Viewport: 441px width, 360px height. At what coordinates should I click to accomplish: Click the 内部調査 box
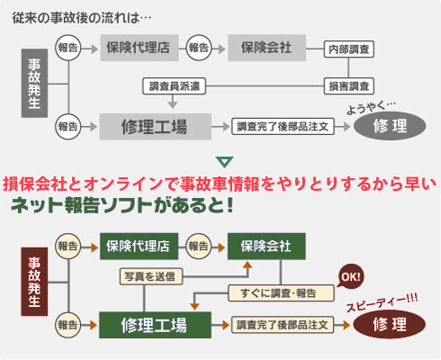[x=348, y=49]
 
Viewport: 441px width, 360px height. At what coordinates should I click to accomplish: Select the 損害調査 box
[x=348, y=86]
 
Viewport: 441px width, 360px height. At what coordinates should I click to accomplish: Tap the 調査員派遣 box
[x=175, y=86]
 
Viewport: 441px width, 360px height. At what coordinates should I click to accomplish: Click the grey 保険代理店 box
[x=139, y=48]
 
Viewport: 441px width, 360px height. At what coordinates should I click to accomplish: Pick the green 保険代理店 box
[x=139, y=247]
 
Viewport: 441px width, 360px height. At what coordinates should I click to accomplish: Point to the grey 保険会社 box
[x=266, y=48]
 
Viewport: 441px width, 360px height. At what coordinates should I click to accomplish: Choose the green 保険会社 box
[x=266, y=247]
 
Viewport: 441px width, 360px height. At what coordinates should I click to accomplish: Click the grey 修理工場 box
[x=156, y=127]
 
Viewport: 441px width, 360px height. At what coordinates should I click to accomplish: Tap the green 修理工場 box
[x=155, y=325]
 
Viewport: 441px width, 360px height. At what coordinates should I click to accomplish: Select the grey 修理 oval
[x=390, y=126]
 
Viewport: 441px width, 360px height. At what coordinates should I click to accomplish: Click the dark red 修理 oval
[x=390, y=325]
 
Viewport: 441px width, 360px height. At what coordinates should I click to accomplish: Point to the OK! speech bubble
[x=350, y=276]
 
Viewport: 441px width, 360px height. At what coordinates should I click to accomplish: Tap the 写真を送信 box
[x=151, y=276]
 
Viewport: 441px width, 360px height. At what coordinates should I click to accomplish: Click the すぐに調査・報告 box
[x=281, y=293]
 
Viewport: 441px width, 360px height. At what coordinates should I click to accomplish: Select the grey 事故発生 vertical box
[x=34, y=83]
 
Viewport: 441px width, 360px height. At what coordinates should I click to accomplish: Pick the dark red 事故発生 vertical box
[x=34, y=282]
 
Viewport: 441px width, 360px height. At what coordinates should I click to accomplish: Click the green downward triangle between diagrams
[x=225, y=162]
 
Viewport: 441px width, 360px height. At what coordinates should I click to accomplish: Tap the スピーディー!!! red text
[x=382, y=302]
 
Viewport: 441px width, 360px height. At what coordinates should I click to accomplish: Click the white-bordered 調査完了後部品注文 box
[x=283, y=127]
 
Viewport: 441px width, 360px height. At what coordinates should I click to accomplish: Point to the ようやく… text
[x=372, y=107]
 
